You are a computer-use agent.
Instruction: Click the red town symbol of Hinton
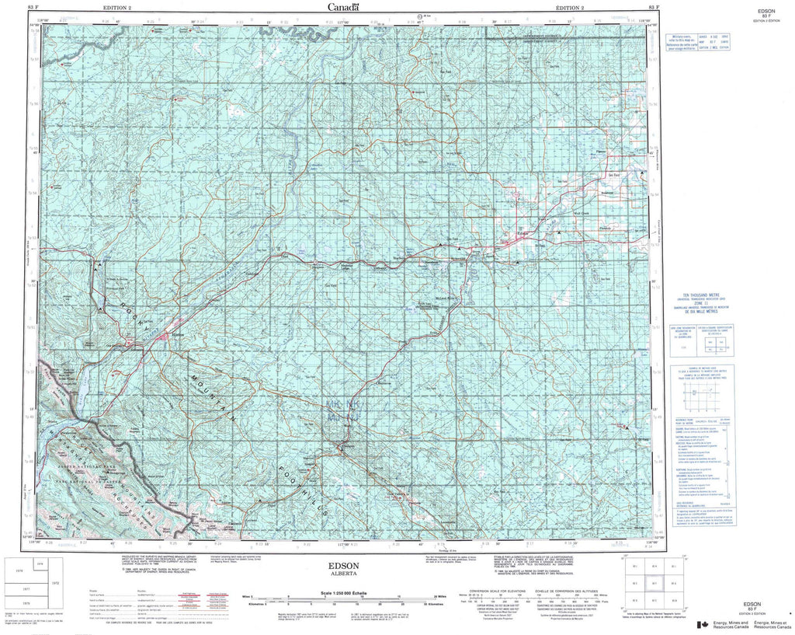(166, 336)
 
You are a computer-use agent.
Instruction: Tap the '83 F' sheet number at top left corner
(31, 6)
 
